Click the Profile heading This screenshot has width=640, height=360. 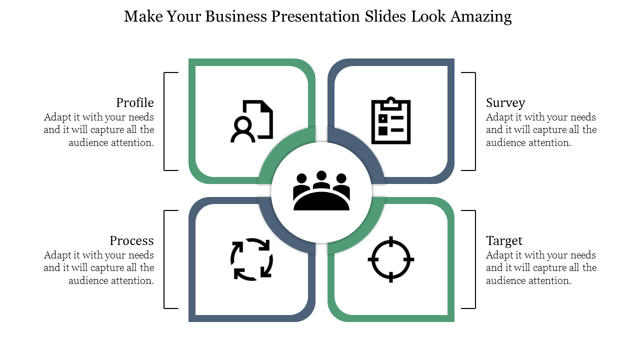(135, 103)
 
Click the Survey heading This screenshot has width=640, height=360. (505, 103)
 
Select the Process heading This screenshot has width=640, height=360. (131, 241)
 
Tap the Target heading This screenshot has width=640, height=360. (504, 241)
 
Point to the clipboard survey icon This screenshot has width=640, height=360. (391, 120)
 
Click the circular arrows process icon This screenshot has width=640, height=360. (251, 259)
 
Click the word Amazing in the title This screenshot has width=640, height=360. (481, 17)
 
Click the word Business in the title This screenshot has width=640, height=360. (236, 16)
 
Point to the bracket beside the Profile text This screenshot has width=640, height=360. (164, 121)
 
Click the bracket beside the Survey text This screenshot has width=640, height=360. (475, 121)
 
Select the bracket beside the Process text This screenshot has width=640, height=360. (164, 259)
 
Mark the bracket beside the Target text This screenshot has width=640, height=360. (475, 259)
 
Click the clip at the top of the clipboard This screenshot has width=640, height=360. (391, 103)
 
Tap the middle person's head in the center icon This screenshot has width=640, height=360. (321, 175)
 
